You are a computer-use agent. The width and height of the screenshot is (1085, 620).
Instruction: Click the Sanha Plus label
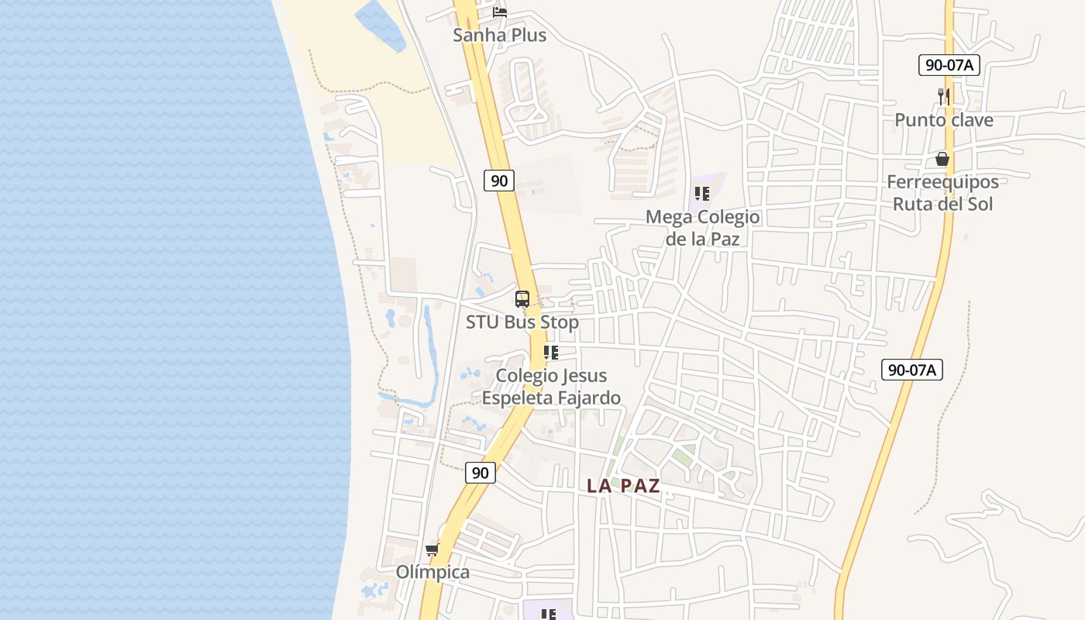[x=500, y=35]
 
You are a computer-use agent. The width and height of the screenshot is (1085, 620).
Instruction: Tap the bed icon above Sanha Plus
[x=500, y=12]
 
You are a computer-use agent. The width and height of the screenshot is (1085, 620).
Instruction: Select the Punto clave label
[x=943, y=120]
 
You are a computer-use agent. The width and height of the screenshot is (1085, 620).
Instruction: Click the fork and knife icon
[x=943, y=96]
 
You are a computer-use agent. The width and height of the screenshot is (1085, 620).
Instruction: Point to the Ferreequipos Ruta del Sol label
[x=942, y=193]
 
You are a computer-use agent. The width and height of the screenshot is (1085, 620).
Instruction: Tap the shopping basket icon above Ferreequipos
[x=942, y=159]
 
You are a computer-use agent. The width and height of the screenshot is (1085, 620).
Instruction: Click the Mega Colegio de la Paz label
[x=702, y=228]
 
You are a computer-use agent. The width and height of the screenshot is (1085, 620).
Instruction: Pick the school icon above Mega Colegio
[x=702, y=194]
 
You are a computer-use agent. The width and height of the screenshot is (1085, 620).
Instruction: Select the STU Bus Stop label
[x=522, y=322]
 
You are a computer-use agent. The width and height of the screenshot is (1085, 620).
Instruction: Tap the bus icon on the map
[x=522, y=299]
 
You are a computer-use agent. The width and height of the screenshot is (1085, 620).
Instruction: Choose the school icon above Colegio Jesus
[x=551, y=353]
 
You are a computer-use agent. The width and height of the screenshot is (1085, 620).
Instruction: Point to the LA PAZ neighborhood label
[x=623, y=486]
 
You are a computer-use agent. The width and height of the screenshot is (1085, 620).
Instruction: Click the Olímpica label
[x=432, y=573]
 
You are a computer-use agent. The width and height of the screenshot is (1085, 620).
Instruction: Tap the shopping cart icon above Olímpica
[x=432, y=549]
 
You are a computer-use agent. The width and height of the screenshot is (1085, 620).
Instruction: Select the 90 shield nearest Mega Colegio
[x=500, y=181]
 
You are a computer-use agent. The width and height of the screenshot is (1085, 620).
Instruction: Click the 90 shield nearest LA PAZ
[x=480, y=472]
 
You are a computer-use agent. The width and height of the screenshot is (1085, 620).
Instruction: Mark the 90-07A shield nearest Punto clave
[x=949, y=65]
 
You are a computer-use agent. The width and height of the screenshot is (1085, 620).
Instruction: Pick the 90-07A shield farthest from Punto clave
[x=911, y=370]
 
